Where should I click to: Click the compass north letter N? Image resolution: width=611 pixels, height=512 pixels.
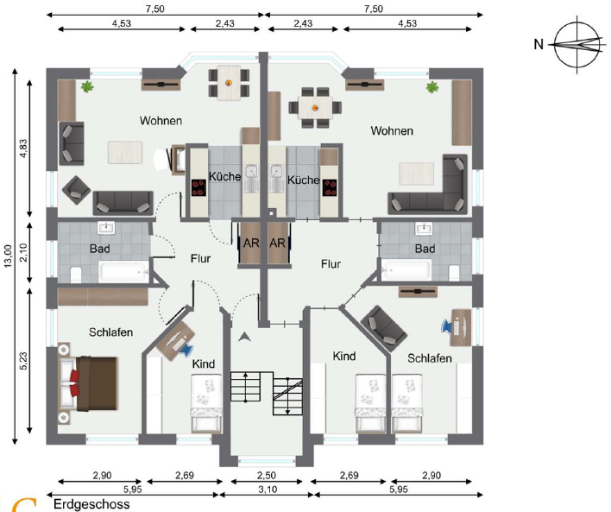coord(539,44)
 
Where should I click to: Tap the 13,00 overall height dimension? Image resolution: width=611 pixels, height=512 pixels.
coord(8,256)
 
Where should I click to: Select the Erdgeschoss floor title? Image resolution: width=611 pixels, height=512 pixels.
coord(91,504)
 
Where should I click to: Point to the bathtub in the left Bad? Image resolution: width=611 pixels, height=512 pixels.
coord(123,271)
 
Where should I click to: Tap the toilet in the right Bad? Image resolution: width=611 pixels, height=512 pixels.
coord(454,273)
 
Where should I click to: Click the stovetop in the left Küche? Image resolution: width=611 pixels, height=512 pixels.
coord(198,187)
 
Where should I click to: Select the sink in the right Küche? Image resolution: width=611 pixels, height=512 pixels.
coord(276,179)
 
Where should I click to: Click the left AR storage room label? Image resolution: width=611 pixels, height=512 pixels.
coord(251,243)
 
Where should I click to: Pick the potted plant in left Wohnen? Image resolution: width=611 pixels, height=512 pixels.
coord(87,86)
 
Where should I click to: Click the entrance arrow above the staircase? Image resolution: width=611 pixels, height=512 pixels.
coord(244,337)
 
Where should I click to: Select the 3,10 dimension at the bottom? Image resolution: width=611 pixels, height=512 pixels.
coord(268,489)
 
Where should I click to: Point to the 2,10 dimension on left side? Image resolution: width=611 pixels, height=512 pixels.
coord(23,252)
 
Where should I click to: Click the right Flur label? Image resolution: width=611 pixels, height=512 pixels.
coord(331,264)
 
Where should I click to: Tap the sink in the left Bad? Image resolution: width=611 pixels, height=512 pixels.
coord(105,228)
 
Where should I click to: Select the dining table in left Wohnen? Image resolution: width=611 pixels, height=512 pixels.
coord(229,83)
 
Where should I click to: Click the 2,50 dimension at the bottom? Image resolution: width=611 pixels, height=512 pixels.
coord(266,476)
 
